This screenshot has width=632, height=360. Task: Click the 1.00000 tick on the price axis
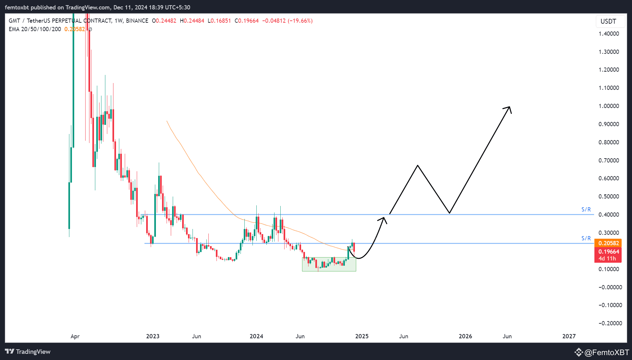(609, 106)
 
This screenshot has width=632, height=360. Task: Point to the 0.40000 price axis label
(609, 215)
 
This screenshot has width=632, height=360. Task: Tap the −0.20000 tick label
(610, 323)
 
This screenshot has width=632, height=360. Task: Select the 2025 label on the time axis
(362, 336)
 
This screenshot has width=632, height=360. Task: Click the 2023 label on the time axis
(153, 336)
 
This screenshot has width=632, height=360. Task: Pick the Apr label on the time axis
(75, 336)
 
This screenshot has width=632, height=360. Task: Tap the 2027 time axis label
(569, 336)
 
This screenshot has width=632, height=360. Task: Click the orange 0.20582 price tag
(608, 243)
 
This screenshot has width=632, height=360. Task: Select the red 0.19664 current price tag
(608, 252)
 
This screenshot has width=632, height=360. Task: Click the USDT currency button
(608, 21)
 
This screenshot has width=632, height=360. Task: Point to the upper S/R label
(586, 210)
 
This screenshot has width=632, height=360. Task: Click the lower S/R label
(586, 238)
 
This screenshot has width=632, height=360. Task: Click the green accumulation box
(329, 265)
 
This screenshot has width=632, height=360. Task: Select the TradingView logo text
(33, 352)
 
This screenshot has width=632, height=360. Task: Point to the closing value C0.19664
(247, 21)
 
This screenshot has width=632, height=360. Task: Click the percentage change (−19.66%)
(300, 21)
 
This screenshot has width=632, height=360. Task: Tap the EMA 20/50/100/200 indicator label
(35, 29)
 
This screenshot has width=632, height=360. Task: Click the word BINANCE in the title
(137, 21)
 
